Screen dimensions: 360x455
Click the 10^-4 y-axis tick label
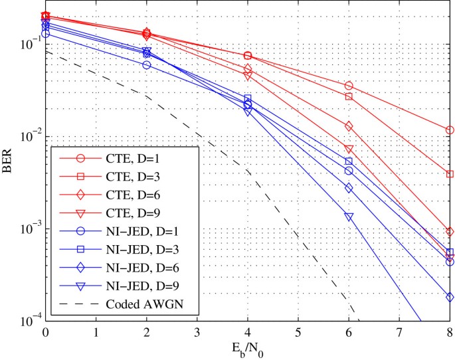click(29, 321)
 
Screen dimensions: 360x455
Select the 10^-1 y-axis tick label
click(29, 44)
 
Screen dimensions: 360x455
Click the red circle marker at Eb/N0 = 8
click(450, 130)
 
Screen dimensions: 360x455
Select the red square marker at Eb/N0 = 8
click(450, 174)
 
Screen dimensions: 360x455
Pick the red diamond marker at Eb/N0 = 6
click(349, 126)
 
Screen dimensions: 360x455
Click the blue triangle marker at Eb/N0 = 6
click(349, 217)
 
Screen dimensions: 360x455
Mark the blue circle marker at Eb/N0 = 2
click(146, 65)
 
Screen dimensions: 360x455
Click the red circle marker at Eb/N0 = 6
click(349, 86)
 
